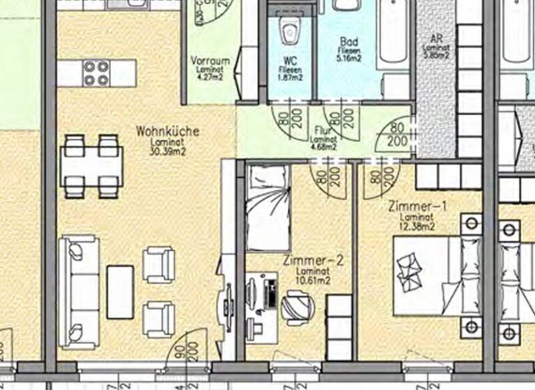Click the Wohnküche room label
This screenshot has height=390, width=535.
pos(168,131)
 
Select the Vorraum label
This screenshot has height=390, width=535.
pos(209,61)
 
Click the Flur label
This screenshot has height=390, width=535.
pos(323,130)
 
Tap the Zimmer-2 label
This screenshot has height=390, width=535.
pos(314,261)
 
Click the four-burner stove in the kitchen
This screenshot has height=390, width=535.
pos(97,72)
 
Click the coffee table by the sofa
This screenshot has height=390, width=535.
pos(120,291)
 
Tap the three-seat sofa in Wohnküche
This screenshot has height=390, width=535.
pos(78,292)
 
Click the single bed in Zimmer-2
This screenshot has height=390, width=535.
pos(268,208)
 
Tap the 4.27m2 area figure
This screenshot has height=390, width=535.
pos(208,78)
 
